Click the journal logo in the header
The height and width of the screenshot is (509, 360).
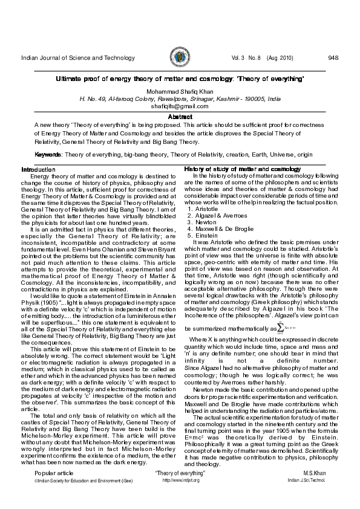(180, 58)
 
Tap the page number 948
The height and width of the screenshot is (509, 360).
(333, 58)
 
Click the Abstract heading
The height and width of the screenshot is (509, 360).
(180, 116)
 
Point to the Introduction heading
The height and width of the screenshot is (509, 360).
(38, 169)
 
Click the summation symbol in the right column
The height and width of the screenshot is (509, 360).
(281, 327)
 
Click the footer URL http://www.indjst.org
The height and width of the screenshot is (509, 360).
(181, 480)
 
